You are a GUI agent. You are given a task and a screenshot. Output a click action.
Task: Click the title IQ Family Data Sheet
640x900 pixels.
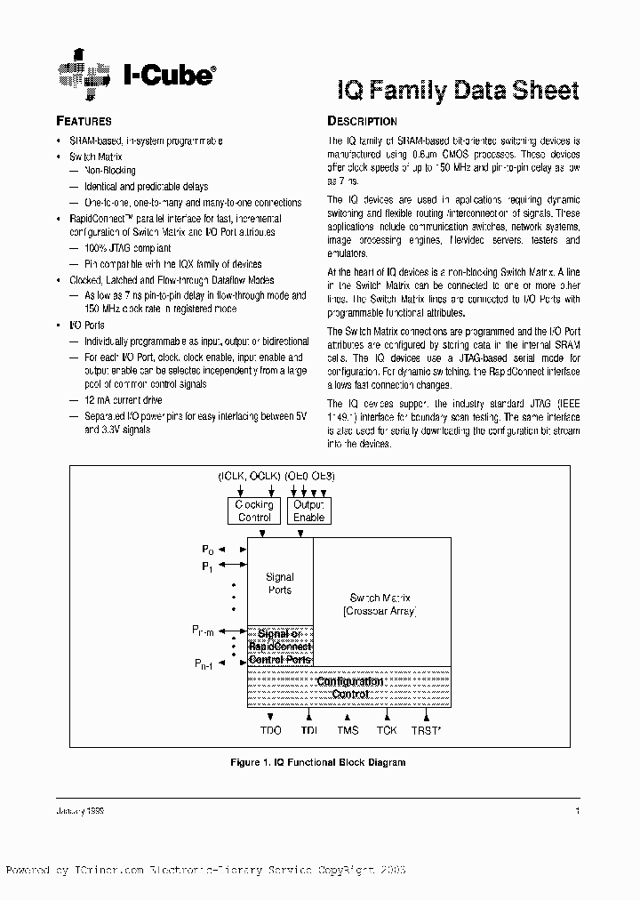click(458, 90)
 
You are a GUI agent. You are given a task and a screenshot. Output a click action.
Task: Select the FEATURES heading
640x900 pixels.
click(84, 121)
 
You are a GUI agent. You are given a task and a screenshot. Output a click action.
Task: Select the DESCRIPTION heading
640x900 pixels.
click(362, 121)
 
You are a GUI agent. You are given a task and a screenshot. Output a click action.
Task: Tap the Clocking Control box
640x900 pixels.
click(253, 510)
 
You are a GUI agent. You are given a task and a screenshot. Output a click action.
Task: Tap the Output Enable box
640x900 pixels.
click(308, 510)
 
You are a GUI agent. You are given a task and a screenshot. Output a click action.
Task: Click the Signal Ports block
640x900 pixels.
click(279, 583)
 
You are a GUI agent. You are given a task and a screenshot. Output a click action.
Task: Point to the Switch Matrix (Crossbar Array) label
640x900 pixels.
click(380, 606)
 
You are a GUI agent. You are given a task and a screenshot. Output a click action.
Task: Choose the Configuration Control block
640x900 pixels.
click(349, 687)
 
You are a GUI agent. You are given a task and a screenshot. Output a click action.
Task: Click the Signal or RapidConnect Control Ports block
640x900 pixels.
click(279, 647)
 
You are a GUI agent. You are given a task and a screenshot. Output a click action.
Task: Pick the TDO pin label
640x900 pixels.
click(270, 730)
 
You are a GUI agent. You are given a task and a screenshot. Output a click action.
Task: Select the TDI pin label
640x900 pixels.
click(308, 730)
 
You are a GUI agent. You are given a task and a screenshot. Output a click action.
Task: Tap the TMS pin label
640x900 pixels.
click(348, 730)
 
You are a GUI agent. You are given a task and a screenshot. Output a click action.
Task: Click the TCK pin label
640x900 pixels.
click(386, 730)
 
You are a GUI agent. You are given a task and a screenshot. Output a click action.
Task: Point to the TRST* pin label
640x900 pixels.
click(425, 730)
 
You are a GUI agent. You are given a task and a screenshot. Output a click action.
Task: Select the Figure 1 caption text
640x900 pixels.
click(317, 762)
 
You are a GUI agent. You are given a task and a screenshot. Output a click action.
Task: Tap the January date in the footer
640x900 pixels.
click(84, 812)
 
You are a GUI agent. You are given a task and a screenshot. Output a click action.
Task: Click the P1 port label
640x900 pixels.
click(206, 566)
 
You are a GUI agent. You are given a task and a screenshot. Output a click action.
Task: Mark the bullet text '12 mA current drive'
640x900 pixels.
click(124, 401)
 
